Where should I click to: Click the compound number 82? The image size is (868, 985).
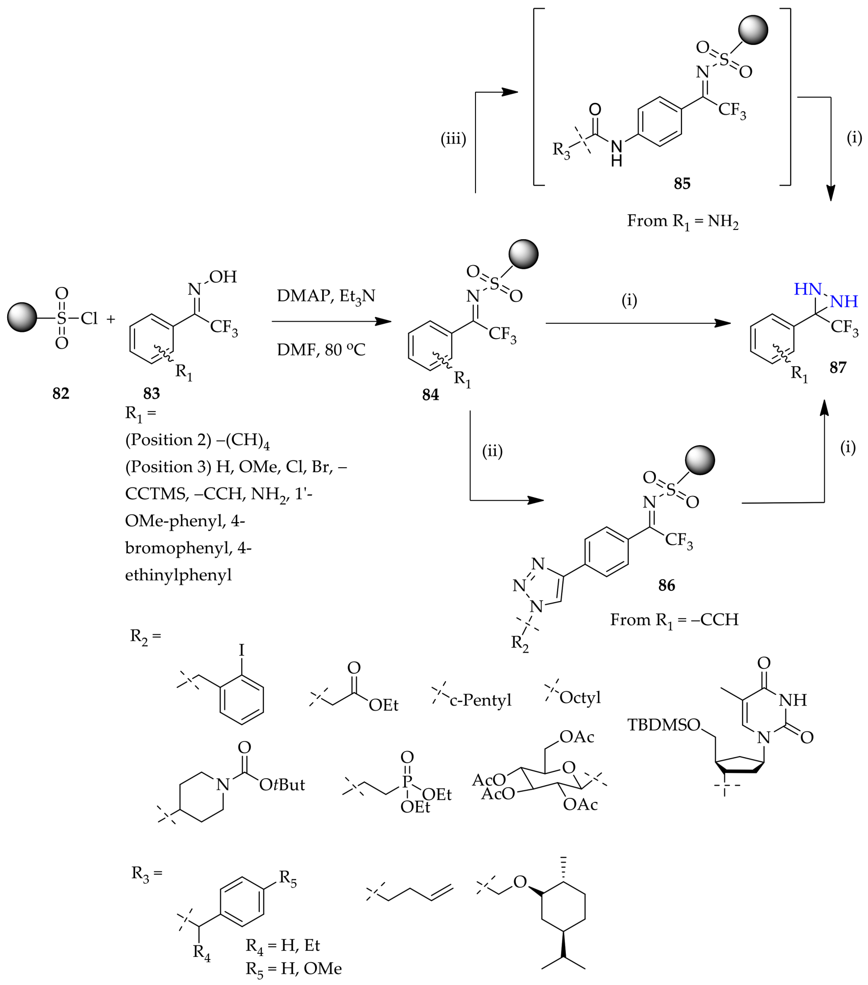(61, 393)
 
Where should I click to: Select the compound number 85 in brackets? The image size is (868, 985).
(682, 184)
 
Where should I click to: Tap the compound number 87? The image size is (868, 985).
(838, 368)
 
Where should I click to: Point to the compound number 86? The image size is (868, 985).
(667, 585)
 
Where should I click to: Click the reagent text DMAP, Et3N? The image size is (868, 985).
(326, 295)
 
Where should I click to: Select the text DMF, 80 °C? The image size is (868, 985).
(321, 349)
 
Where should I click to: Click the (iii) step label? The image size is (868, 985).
(453, 139)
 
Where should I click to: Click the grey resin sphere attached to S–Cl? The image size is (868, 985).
(22, 317)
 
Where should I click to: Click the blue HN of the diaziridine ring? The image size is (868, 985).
(807, 289)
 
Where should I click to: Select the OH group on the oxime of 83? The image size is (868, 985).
(223, 277)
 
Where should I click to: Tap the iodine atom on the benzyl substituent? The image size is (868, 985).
(242, 650)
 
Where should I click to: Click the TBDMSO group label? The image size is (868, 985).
(663, 725)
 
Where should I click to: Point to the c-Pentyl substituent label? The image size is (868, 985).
(480, 700)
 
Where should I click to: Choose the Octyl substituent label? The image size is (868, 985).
(580, 697)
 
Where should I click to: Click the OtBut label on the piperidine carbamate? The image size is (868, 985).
(282, 785)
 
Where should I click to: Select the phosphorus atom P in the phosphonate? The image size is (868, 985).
(407, 782)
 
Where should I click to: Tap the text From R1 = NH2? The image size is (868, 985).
(683, 221)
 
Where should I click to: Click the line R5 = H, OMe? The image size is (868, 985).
(294, 969)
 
